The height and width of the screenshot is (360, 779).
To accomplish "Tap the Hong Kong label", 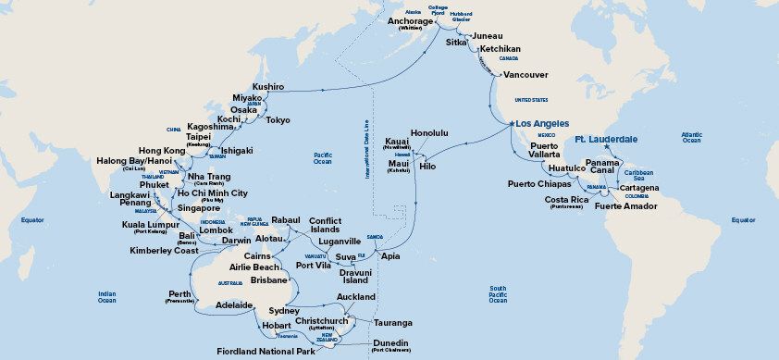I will [162, 150].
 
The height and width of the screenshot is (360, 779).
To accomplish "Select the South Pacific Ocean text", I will [498, 294].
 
